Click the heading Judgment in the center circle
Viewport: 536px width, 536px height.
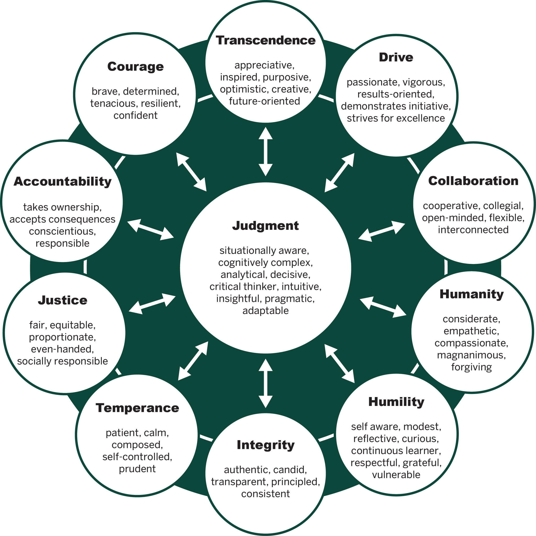click(265, 226)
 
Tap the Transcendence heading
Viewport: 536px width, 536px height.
click(265, 41)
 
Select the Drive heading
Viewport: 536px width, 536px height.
click(396, 57)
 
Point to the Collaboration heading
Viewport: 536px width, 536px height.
click(473, 181)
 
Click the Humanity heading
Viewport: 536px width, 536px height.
click(471, 294)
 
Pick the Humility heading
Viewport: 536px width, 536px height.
click(396, 402)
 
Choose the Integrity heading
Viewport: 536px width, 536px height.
click(265, 445)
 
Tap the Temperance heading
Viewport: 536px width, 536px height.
click(137, 408)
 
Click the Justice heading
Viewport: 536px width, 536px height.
click(63, 300)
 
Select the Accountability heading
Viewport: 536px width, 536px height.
click(63, 181)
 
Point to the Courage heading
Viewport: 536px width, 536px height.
click(135, 66)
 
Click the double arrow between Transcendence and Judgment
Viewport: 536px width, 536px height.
click(265, 152)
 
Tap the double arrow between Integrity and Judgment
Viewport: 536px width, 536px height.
click(265, 383)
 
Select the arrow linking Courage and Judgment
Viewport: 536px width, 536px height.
click(191, 172)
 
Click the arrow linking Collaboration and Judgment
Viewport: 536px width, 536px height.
click(382, 231)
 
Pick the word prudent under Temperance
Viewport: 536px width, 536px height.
click(137, 468)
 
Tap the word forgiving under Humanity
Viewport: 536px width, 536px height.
click(471, 367)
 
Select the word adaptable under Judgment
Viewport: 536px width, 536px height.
click(265, 310)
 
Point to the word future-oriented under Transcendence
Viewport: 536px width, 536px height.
click(264, 101)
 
